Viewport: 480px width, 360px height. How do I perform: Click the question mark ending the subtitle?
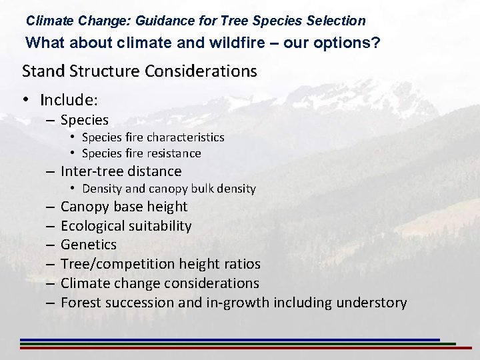[377, 43]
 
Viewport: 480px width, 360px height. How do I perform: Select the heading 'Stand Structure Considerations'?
[139, 71]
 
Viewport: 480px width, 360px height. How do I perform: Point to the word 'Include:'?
[69, 100]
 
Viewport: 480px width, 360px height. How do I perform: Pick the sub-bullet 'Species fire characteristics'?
[153, 137]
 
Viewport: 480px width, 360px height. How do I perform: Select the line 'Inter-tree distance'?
[121, 171]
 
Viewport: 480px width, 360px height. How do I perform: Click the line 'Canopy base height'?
[124, 207]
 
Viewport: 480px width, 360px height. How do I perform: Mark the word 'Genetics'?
[89, 245]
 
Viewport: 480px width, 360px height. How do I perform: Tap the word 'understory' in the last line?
[371, 303]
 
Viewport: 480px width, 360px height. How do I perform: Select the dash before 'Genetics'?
[51, 245]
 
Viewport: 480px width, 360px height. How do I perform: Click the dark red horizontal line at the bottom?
[240, 348]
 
